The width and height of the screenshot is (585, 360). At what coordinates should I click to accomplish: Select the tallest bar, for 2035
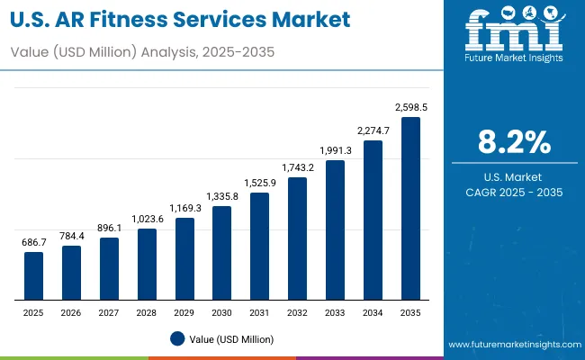tap(410, 208)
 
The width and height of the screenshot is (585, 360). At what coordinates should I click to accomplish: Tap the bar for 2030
tap(221, 253)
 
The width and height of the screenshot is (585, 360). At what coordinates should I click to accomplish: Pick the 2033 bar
tap(335, 229)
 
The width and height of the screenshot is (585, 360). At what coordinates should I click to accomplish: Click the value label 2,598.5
tap(410, 107)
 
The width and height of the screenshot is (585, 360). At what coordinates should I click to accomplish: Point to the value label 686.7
tap(33, 243)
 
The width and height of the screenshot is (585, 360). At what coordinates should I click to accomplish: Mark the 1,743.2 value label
tap(297, 167)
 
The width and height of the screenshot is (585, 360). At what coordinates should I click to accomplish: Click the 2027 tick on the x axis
tap(109, 311)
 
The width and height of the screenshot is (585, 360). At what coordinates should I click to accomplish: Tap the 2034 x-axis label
tap(373, 311)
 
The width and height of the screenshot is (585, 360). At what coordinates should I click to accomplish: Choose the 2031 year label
tap(259, 311)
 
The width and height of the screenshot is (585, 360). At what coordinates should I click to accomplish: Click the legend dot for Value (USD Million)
tap(177, 338)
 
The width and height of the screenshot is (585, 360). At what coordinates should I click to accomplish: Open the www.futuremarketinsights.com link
tap(511, 345)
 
